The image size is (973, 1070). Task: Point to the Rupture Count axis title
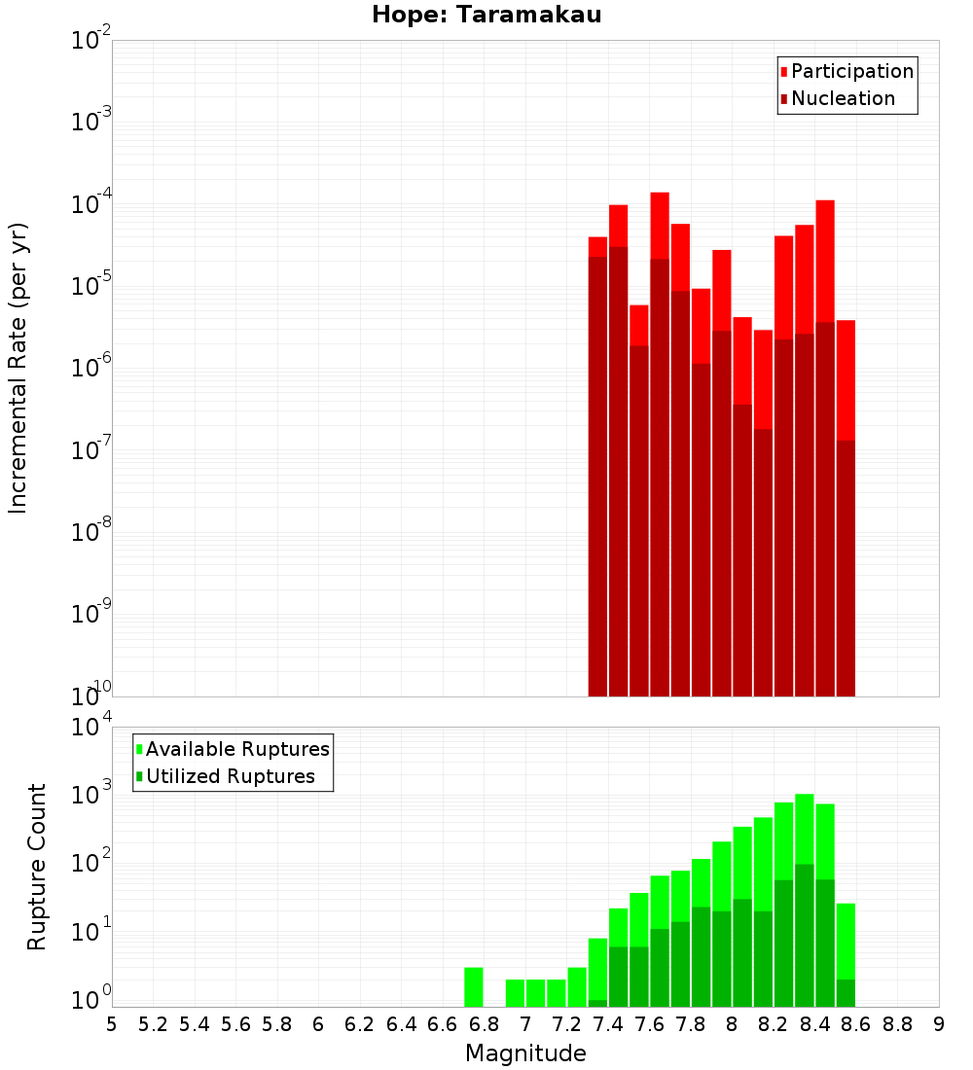(x=37, y=867)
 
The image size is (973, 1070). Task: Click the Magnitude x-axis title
(x=525, y=1053)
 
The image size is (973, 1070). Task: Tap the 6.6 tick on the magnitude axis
(x=443, y=1024)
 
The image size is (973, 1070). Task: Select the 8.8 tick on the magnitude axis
(x=897, y=1024)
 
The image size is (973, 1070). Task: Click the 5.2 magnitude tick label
(x=153, y=1024)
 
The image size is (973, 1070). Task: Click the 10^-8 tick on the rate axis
(x=90, y=532)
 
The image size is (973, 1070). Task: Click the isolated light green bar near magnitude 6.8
(x=474, y=987)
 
